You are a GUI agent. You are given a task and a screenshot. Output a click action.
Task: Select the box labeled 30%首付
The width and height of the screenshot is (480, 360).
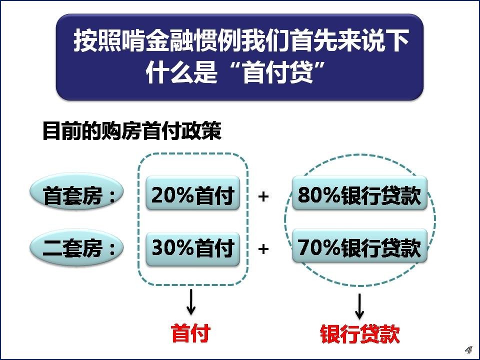coord(193,247)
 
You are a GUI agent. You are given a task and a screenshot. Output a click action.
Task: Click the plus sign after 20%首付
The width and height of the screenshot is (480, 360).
coord(263,196)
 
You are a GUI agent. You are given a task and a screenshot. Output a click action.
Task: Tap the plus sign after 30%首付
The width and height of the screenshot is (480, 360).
coord(263,248)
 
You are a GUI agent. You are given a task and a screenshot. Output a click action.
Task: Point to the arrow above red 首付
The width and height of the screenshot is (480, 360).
coord(190,302)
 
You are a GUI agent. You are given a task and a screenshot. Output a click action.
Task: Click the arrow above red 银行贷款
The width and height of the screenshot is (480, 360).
coord(359,306)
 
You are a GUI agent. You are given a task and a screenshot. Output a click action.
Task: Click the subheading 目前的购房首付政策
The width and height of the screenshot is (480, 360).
coord(131,132)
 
